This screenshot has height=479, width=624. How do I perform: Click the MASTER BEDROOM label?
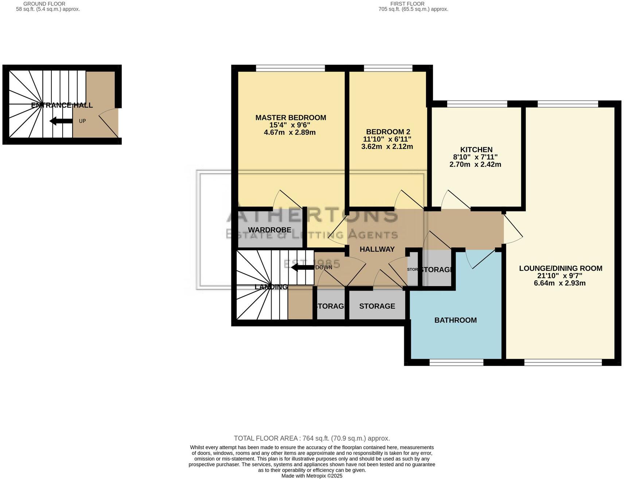pyautogui.click(x=290, y=118)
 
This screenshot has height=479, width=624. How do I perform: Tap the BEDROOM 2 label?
pyautogui.click(x=388, y=132)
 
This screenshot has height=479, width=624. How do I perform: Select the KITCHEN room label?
pyautogui.click(x=476, y=150)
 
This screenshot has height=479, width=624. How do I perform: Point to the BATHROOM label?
pyautogui.click(x=455, y=320)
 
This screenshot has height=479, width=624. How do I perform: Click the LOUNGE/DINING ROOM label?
pyautogui.click(x=560, y=269)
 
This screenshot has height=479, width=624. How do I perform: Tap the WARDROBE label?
pyautogui.click(x=269, y=230)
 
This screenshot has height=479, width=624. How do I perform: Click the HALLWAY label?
pyautogui.click(x=377, y=249)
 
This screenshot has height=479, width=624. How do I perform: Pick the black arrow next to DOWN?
pyautogui.click(x=302, y=268)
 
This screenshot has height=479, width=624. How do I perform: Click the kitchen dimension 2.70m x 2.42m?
pyautogui.click(x=475, y=164)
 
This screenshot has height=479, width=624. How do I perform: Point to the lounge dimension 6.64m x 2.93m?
pyautogui.click(x=559, y=283)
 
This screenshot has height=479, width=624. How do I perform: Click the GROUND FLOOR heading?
pyautogui.click(x=44, y=4)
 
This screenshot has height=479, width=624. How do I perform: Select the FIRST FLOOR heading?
pyautogui.click(x=407, y=4)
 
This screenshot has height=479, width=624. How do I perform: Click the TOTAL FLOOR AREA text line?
pyautogui.click(x=312, y=439)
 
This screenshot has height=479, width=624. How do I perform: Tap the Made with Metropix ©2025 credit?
pyautogui.click(x=312, y=476)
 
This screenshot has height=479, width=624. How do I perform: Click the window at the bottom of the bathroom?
pyautogui.click(x=456, y=363)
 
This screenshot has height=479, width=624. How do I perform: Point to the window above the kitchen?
pyautogui.click(x=477, y=104)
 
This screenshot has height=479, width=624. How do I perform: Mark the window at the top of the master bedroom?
pyautogui.click(x=290, y=68)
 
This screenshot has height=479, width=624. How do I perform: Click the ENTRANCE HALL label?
pyautogui.click(x=62, y=105)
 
